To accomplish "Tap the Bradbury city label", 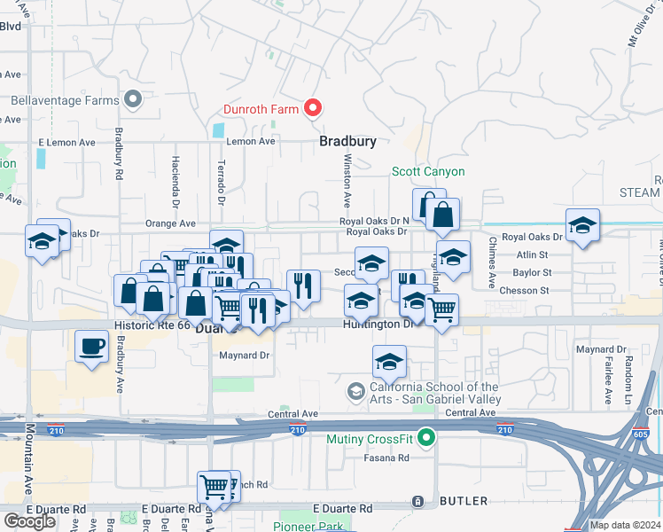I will [x=348, y=141].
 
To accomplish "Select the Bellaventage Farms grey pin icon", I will [x=134, y=99].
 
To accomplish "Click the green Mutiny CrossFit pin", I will [x=426, y=437].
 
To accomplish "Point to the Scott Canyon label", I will [x=428, y=171].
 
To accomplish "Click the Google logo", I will [x=29, y=520].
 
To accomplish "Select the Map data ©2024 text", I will [x=626, y=525].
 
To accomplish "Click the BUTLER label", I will [x=463, y=501].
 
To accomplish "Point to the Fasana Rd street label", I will [x=386, y=458].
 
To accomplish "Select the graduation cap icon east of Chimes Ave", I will [x=583, y=226].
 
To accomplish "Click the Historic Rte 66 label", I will [x=152, y=326].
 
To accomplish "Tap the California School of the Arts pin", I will [x=356, y=391].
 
